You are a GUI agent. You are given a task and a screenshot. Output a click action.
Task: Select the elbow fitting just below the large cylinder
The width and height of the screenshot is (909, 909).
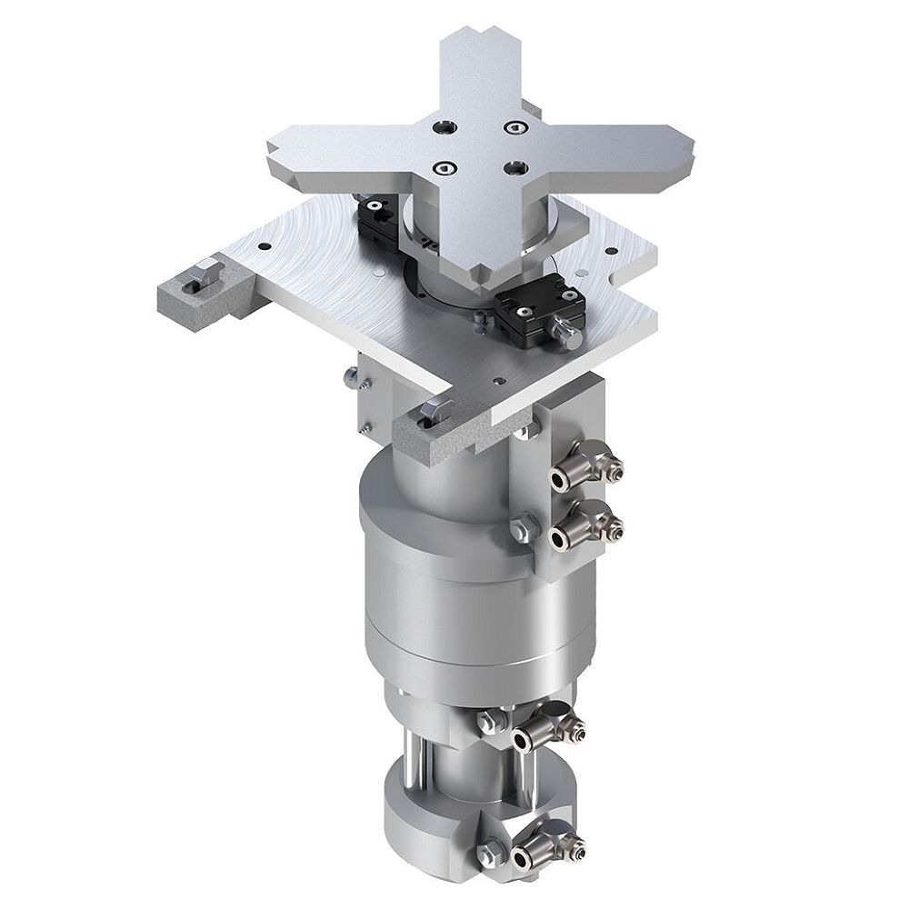click(x=546, y=727)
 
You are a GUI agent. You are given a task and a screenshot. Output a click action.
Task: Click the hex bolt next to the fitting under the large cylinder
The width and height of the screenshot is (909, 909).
click(x=487, y=721)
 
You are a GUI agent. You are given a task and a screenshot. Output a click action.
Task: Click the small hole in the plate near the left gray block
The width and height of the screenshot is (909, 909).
click(x=262, y=245)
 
